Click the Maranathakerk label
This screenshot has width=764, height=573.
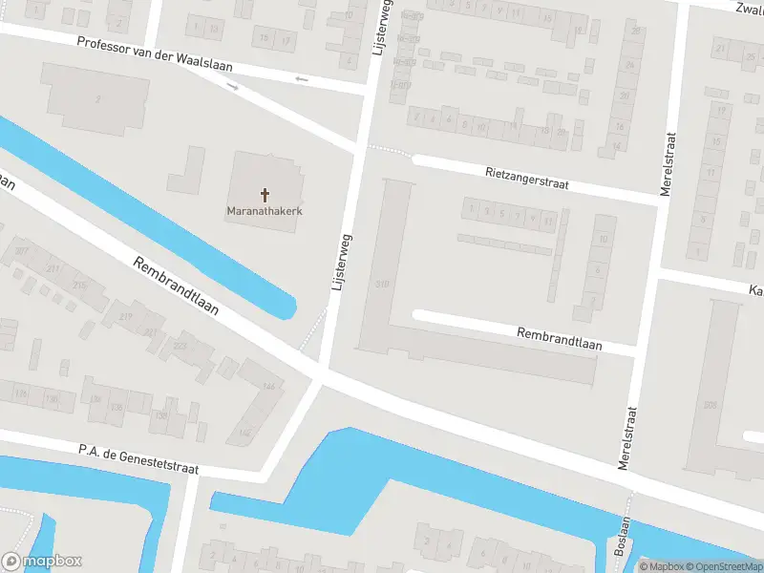[265, 210]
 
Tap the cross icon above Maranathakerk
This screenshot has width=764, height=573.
[265, 193]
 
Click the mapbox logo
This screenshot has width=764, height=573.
[42, 562]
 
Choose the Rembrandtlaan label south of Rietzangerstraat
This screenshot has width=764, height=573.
[559, 339]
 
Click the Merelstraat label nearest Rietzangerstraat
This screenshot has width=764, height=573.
[668, 164]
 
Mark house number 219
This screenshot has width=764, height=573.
[125, 316]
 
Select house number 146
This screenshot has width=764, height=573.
[268, 386]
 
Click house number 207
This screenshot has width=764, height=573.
[21, 251]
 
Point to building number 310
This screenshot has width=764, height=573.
[384, 284]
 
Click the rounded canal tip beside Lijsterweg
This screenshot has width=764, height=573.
[284, 307]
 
